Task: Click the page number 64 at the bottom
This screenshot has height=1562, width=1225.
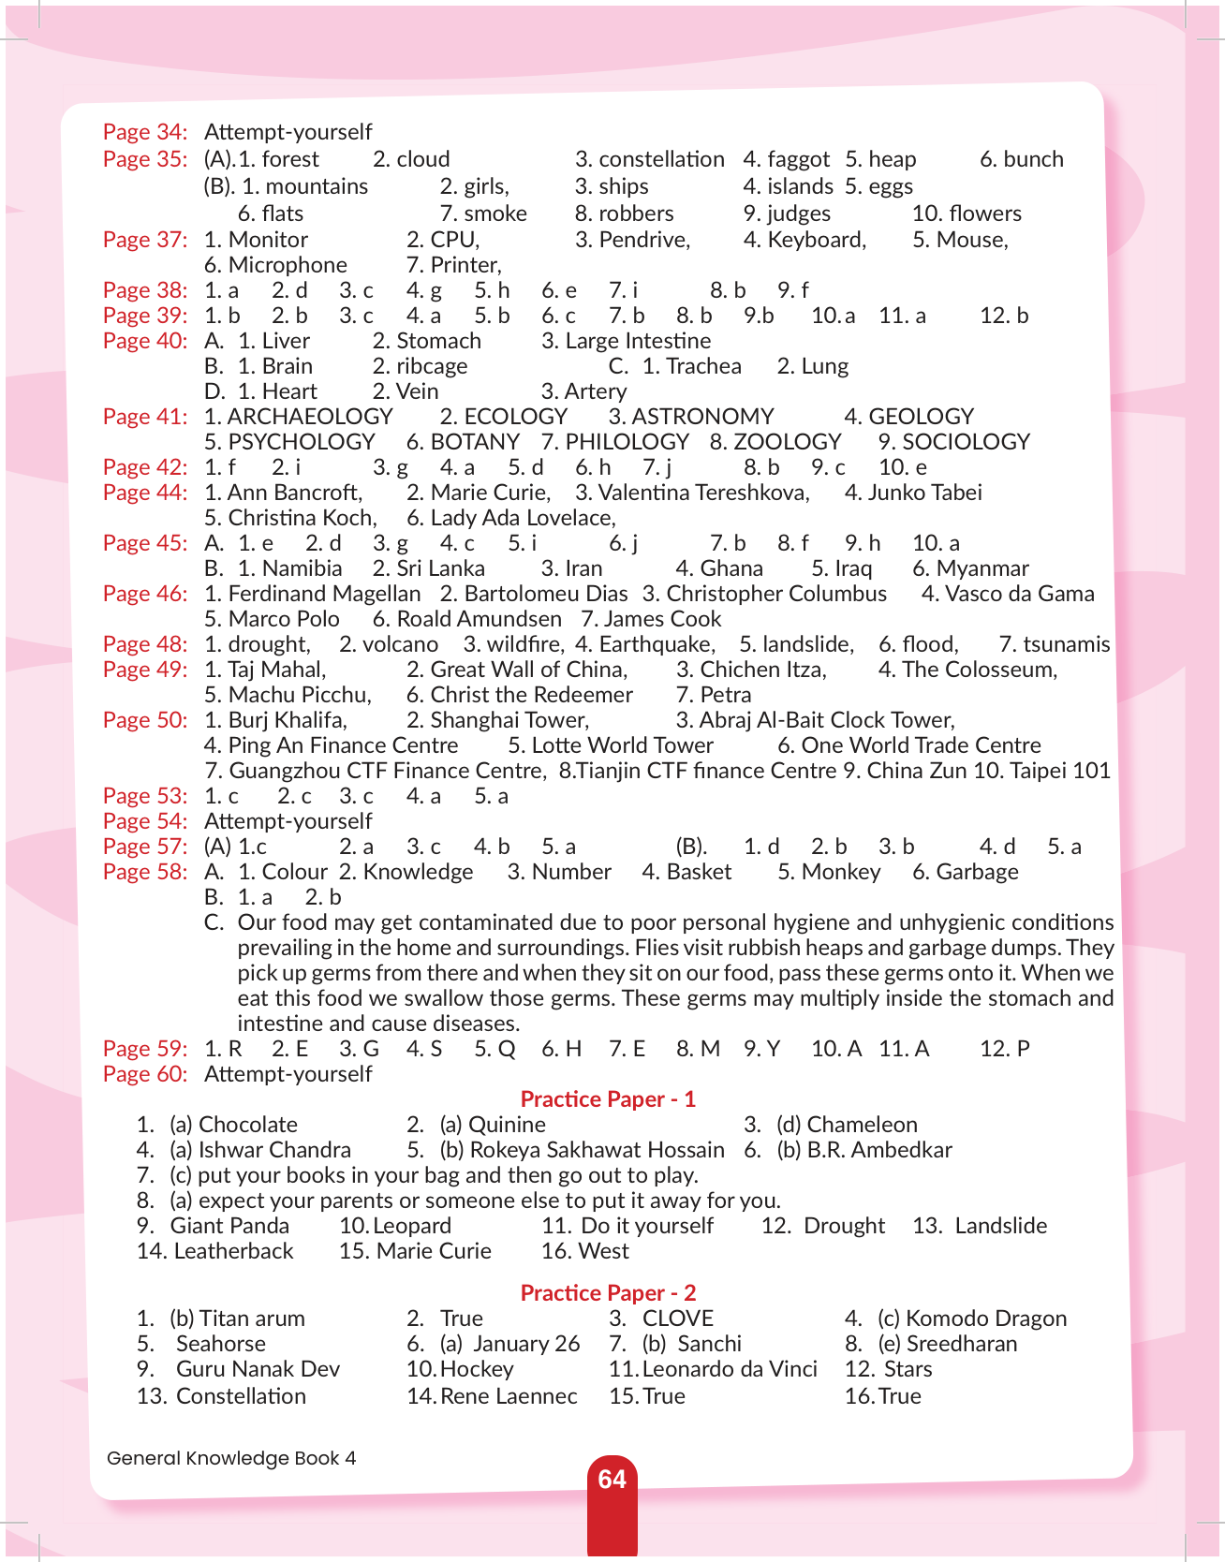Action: (612, 1480)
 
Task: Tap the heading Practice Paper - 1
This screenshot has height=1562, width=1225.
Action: (608, 1098)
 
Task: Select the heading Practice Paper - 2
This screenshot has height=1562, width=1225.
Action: (608, 1292)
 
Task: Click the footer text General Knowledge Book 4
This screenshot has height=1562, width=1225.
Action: (231, 1458)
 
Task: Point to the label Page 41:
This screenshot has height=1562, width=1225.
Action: (145, 417)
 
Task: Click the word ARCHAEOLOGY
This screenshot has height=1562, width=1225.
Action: (310, 417)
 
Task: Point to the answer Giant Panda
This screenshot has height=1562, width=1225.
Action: (229, 1226)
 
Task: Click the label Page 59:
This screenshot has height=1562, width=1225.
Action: (145, 1049)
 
